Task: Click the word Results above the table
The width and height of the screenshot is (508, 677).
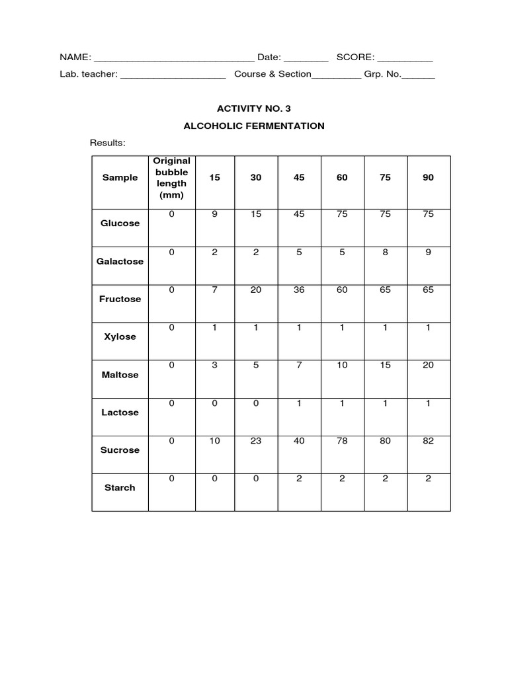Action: coord(107,143)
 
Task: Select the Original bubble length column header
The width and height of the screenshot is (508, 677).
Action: coord(171,178)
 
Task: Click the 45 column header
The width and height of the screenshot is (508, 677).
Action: coord(299,178)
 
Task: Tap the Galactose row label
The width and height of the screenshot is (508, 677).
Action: coord(120,261)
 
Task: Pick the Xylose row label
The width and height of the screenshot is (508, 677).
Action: coord(120,337)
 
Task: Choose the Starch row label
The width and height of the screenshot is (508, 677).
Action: coord(120,487)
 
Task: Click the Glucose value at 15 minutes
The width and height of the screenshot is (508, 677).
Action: coord(214,214)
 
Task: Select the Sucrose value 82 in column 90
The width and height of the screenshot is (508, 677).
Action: coord(428,441)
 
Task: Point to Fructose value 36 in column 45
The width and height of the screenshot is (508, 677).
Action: coord(299,290)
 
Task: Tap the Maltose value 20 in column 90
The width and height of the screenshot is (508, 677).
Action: coord(428,366)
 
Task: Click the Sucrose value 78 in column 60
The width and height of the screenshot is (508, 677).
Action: coord(342,441)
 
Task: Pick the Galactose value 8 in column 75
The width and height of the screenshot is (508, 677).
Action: coord(385,252)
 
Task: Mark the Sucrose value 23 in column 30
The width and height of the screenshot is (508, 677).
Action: coord(256,441)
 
